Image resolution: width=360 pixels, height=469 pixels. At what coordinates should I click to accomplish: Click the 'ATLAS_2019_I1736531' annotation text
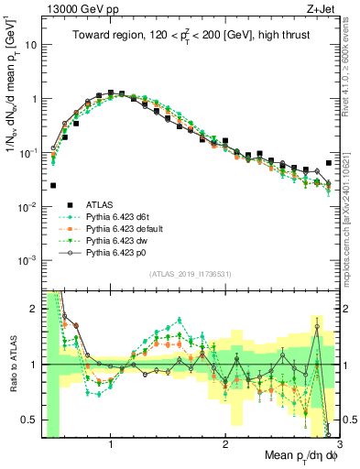(191, 275)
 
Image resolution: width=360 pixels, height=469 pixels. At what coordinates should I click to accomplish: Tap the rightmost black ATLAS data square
(329, 163)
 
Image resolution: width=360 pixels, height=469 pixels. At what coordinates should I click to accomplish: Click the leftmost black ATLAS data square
(53, 185)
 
